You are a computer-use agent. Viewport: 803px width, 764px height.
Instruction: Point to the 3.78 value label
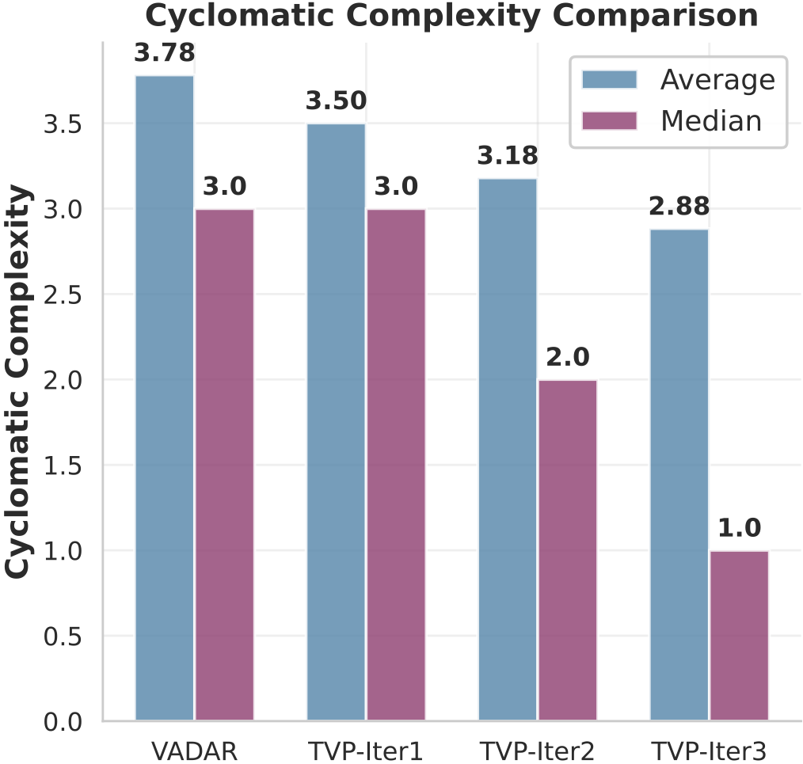pyautogui.click(x=165, y=54)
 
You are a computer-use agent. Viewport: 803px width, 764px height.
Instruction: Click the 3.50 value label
pyautogui.click(x=336, y=101)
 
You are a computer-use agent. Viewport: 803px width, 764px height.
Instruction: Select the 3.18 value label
pyautogui.click(x=508, y=156)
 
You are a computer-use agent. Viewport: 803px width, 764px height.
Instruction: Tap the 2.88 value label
pyautogui.click(x=679, y=207)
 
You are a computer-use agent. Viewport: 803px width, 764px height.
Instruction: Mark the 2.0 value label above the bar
pyautogui.click(x=568, y=358)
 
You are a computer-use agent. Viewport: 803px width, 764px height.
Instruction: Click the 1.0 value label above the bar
pyautogui.click(x=740, y=528)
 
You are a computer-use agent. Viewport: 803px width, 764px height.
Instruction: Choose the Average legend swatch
pyautogui.click(x=609, y=80)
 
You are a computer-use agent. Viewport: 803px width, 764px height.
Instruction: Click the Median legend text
pyautogui.click(x=711, y=120)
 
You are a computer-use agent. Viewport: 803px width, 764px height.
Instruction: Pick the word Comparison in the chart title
pyautogui.click(x=666, y=16)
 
